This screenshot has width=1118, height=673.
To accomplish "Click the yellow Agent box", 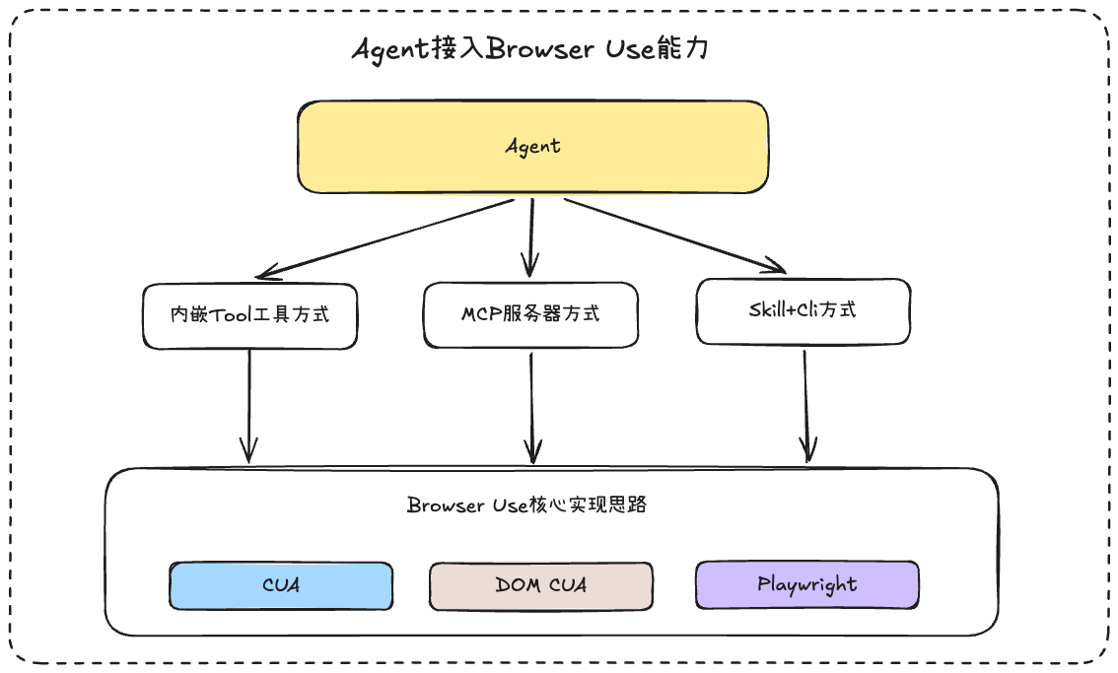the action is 532,147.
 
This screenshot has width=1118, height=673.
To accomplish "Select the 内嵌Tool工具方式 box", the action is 249,316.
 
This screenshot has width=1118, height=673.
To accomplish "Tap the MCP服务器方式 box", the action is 530,315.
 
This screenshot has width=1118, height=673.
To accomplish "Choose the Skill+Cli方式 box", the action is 803,311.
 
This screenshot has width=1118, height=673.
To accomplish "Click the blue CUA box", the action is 281,585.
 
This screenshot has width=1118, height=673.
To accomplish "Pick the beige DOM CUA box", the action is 541,586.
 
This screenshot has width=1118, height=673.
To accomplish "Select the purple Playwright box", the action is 807,584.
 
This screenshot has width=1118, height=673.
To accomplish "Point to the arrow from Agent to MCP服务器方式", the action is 531,238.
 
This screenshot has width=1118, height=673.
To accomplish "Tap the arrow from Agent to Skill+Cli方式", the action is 674,236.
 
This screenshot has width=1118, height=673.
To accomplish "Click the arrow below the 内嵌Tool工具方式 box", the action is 248,406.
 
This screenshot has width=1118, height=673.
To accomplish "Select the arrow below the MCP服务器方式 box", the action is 532,408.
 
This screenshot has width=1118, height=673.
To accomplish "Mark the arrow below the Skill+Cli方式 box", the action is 806,406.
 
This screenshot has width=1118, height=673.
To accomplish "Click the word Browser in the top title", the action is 539,48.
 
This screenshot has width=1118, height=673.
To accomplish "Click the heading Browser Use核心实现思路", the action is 526,505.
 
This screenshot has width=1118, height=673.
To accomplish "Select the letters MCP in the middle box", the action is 481,313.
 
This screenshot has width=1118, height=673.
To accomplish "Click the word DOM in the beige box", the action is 518,585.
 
